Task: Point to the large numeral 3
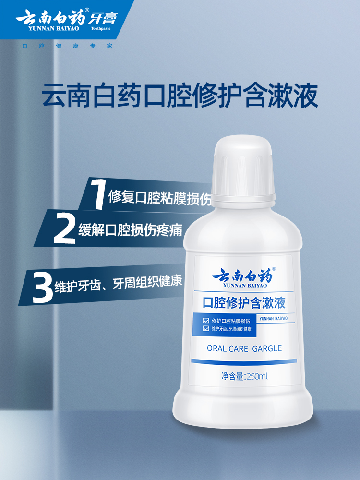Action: pyautogui.click(x=43, y=286)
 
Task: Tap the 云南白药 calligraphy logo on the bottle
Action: pyautogui.click(x=242, y=277)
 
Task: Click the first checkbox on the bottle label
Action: pyautogui.click(x=206, y=320)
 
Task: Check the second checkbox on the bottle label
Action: pyautogui.click(x=206, y=328)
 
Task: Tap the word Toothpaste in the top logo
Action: pyautogui.click(x=100, y=28)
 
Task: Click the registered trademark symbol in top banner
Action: pyautogui.click(x=87, y=10)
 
